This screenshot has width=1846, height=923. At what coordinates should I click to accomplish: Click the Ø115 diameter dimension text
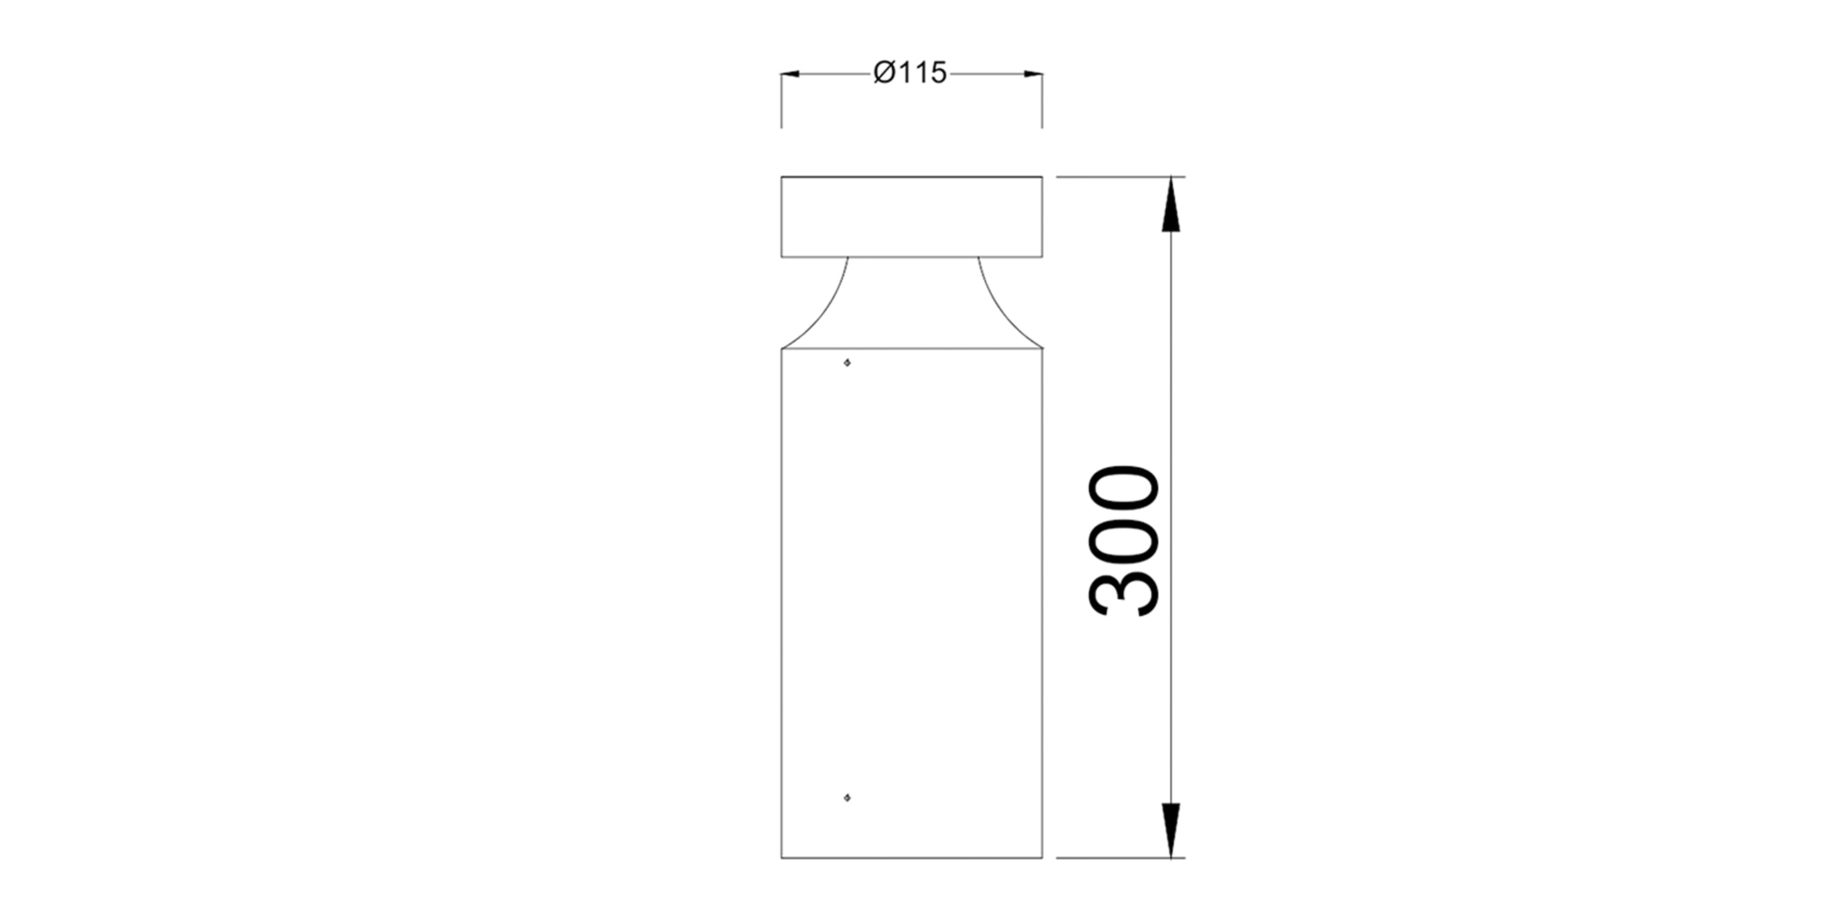click(910, 73)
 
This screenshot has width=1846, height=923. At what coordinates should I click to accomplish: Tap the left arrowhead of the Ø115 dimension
click(790, 73)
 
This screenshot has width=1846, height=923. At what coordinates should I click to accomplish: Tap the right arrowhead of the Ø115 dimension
click(1033, 73)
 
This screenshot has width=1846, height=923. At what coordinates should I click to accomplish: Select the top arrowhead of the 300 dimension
click(1170, 204)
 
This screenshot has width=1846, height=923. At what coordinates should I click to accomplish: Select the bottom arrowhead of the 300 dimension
click(1170, 830)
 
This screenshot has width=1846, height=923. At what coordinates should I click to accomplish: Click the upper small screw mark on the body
click(847, 364)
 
